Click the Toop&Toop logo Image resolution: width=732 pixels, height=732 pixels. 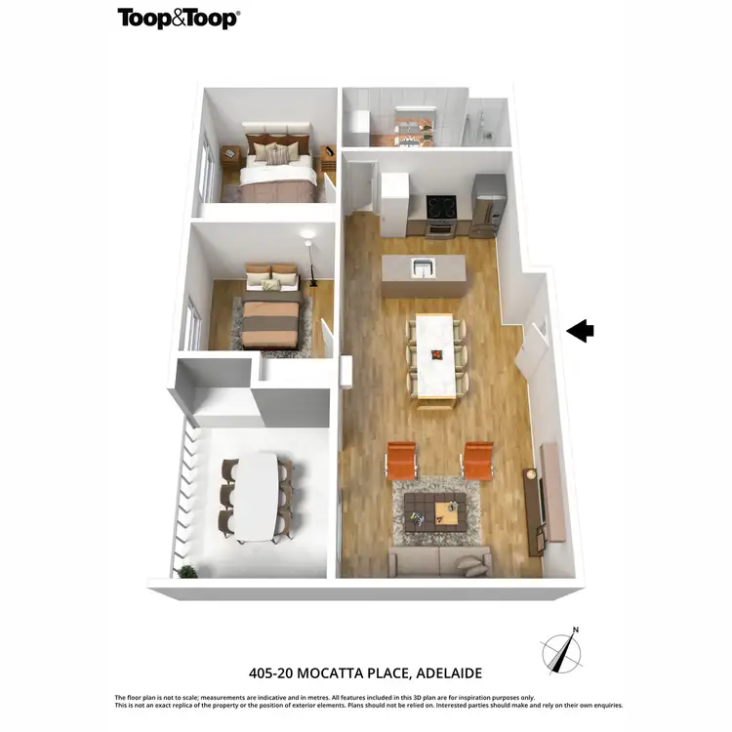pos(178,19)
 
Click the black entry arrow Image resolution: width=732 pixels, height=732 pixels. pos(580,331)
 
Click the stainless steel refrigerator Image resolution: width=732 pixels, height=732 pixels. pos(488,206)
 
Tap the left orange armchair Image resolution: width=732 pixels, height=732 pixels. pos(401,460)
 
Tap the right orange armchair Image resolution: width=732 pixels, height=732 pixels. pos(478,460)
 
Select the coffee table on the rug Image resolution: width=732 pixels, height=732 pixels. pos(434,508)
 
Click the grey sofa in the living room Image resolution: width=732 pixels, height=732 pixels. pos(438,560)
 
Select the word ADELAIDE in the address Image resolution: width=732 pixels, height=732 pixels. pos(450,673)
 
